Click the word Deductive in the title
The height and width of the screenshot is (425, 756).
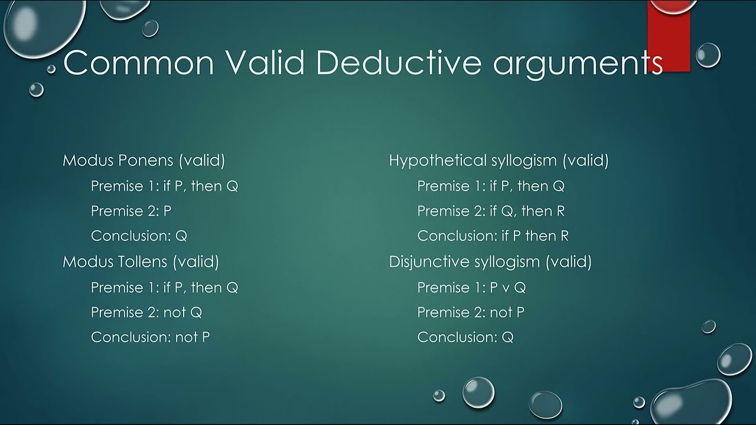click(x=399, y=63)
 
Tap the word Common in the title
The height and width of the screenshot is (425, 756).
click(x=138, y=63)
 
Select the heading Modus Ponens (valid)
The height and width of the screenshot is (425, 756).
click(x=144, y=160)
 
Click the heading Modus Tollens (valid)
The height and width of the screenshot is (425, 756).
click(x=141, y=261)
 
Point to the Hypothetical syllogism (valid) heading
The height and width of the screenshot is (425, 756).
click(x=498, y=160)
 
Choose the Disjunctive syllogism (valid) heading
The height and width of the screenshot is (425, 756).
click(x=490, y=261)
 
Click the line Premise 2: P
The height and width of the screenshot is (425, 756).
click(x=131, y=211)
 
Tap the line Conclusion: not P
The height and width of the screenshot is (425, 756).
click(x=150, y=337)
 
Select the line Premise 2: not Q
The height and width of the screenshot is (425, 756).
click(x=146, y=312)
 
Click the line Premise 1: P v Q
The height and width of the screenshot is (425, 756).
click(x=471, y=287)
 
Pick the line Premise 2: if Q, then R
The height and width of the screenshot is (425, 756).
click(x=491, y=211)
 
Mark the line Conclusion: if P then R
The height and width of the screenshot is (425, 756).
click(x=493, y=236)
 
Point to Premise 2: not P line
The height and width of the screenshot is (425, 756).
click(x=471, y=312)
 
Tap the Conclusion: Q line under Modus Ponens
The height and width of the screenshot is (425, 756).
click(x=139, y=236)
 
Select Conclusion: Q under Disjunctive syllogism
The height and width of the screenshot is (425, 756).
click(x=465, y=337)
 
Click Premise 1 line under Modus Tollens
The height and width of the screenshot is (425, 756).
click(x=164, y=287)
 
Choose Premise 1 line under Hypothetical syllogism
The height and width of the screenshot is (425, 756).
click(x=491, y=186)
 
